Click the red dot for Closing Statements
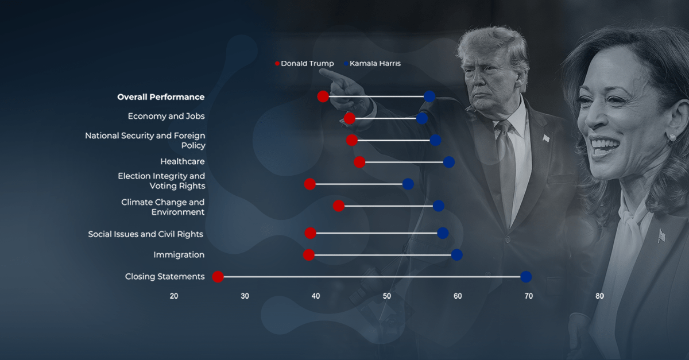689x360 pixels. click(x=218, y=277)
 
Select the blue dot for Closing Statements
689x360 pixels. click(x=526, y=277)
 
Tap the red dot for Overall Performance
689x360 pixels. click(x=323, y=96)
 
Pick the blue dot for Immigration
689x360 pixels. click(x=457, y=255)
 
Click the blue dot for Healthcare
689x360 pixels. click(x=449, y=162)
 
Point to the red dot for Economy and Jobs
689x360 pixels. click(x=350, y=118)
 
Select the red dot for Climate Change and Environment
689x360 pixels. click(x=339, y=206)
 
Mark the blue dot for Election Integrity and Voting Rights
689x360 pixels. click(x=408, y=184)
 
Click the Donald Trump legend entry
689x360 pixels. click(x=304, y=64)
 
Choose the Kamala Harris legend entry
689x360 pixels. click(x=372, y=64)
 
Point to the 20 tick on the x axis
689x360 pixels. click(x=174, y=296)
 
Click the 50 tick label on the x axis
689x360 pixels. click(x=386, y=296)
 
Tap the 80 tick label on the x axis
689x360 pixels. click(x=599, y=296)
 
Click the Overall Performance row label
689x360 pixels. click(x=161, y=97)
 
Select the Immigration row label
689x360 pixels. click(x=179, y=255)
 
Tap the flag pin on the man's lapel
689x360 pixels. click(x=546, y=138)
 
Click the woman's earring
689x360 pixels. click(x=672, y=138)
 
